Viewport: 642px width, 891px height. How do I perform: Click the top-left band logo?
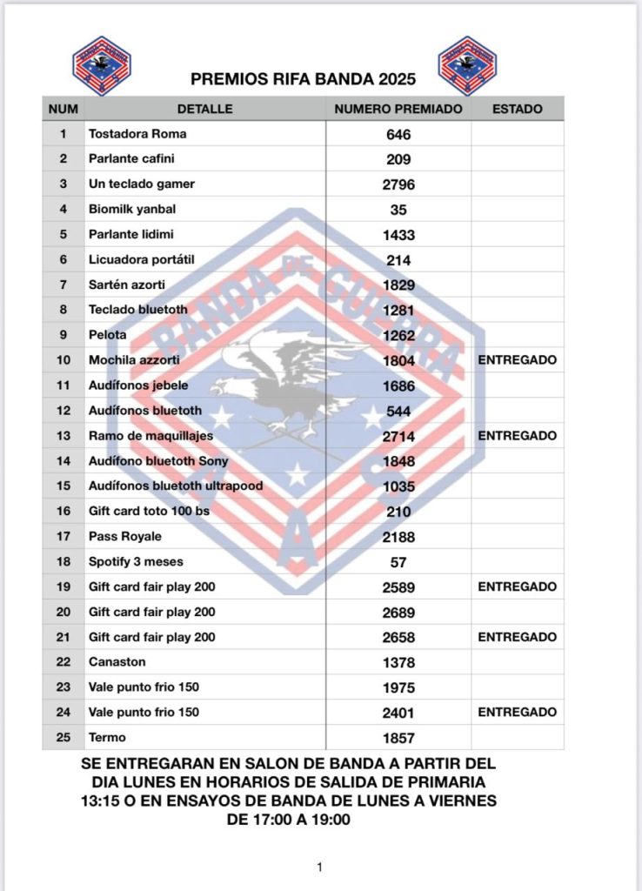click(102, 66)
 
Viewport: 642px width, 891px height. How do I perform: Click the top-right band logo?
click(467, 66)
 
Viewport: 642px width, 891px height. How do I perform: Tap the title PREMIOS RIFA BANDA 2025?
click(303, 79)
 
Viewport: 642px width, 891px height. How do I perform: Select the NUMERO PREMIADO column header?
click(398, 109)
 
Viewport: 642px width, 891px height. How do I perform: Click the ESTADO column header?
click(517, 109)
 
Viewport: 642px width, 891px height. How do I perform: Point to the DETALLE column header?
click(204, 109)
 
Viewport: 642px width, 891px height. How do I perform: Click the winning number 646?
click(398, 135)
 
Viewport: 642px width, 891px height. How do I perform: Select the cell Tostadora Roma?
click(137, 134)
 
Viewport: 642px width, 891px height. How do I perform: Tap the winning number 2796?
click(398, 184)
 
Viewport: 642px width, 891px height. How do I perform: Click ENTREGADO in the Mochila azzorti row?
click(517, 360)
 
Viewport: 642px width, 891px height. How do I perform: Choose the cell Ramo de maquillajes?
click(150, 436)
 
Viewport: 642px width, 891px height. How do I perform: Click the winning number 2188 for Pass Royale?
click(398, 537)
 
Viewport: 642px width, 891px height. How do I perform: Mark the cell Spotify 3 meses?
click(136, 561)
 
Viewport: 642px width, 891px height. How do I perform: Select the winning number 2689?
click(398, 613)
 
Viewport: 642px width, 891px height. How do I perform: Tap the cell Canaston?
click(117, 662)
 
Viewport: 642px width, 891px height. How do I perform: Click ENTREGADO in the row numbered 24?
click(517, 713)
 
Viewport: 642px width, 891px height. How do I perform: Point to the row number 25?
click(63, 738)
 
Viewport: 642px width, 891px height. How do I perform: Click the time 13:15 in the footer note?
click(95, 801)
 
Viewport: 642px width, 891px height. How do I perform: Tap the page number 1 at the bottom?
click(320, 867)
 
